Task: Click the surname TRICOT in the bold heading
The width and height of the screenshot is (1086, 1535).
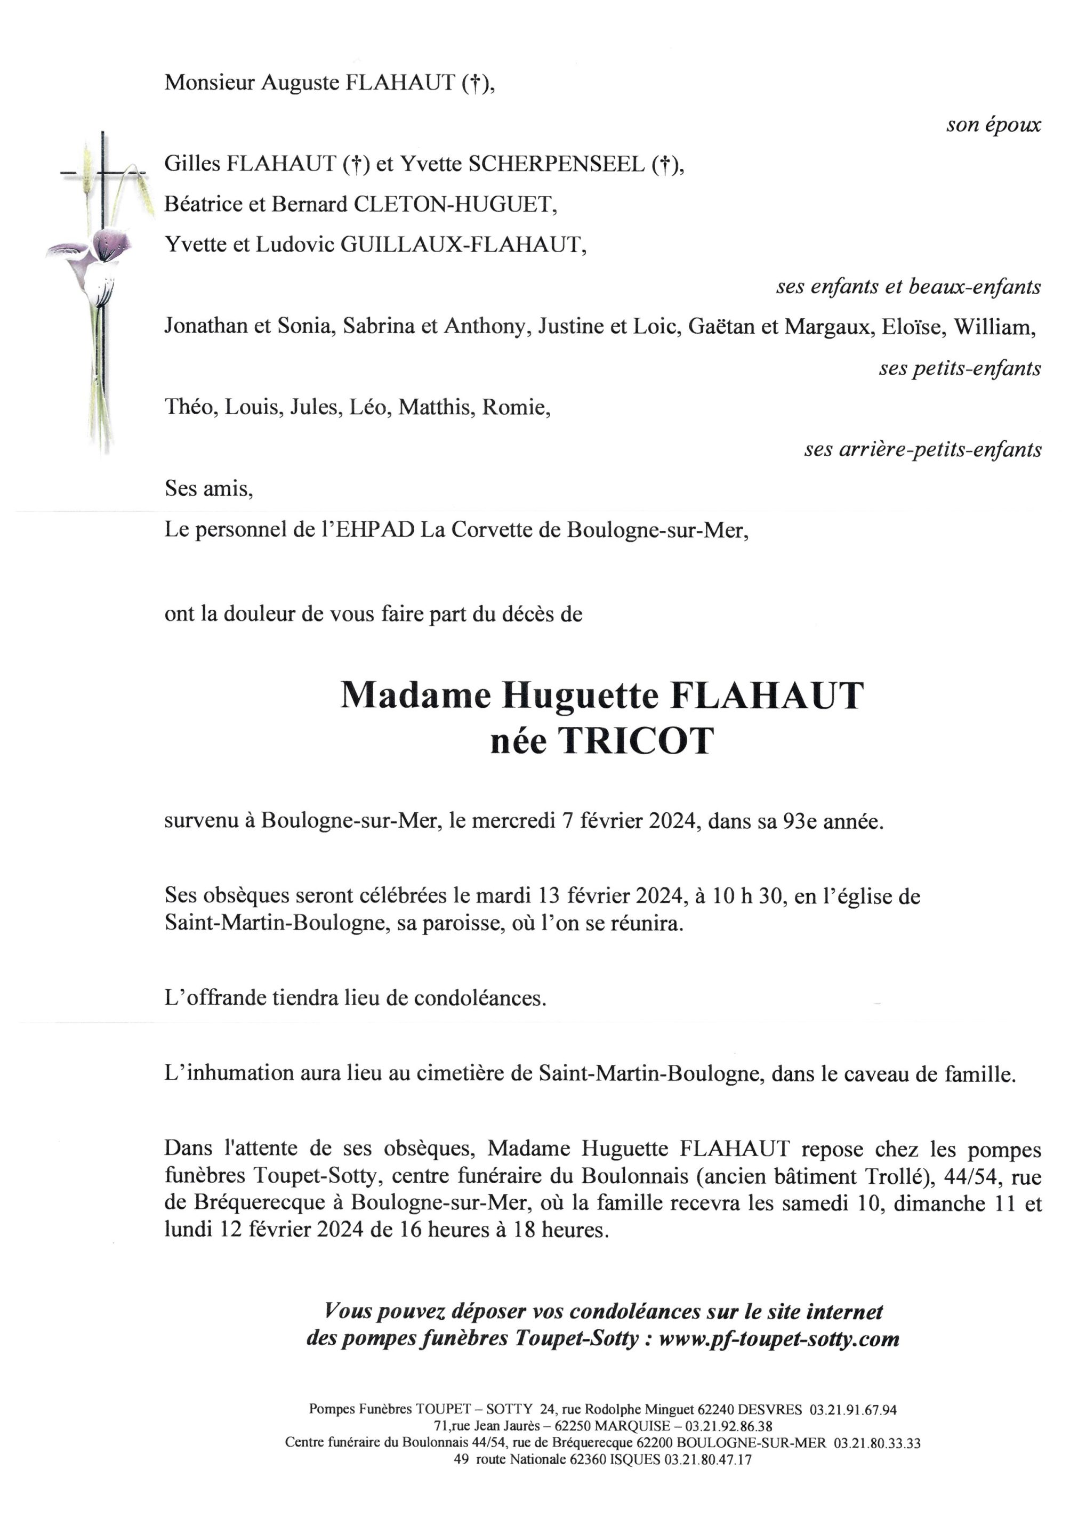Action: (636, 741)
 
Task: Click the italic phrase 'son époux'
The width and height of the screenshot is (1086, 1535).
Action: (993, 125)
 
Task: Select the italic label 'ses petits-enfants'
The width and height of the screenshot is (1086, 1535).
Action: (960, 368)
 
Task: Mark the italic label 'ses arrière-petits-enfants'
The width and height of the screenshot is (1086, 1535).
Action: (922, 449)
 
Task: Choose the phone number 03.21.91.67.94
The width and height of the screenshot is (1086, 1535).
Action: (852, 1410)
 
